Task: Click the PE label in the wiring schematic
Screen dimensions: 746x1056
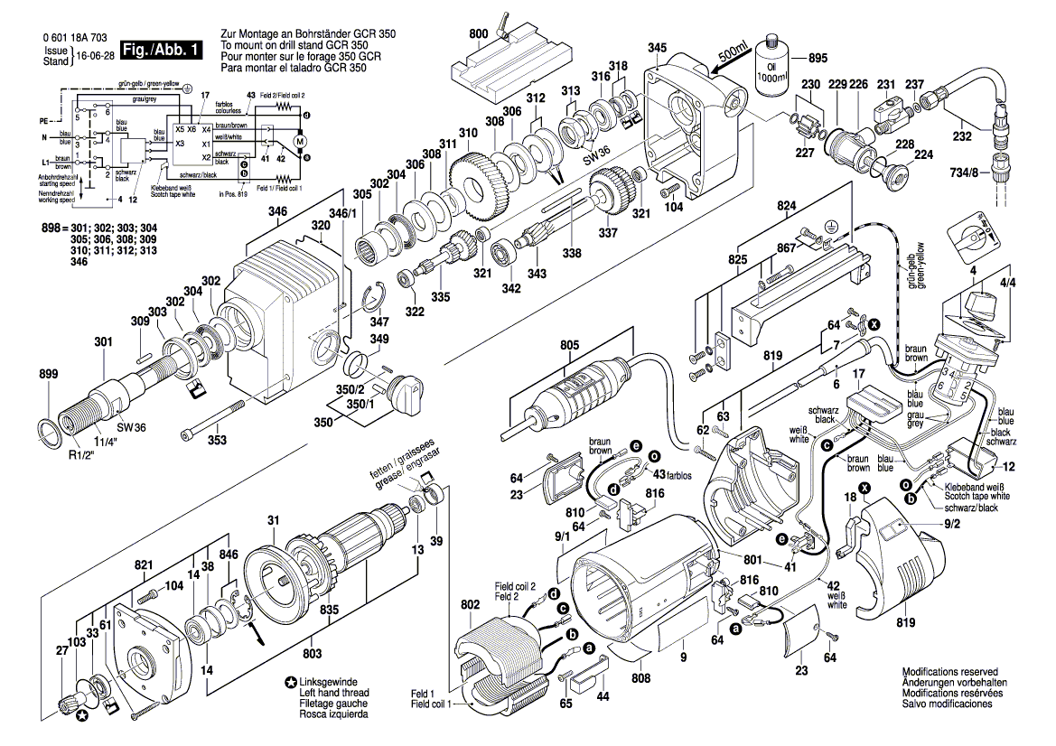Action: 42,119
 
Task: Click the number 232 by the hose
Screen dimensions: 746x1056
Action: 962,137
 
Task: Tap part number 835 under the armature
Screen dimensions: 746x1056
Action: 332,611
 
